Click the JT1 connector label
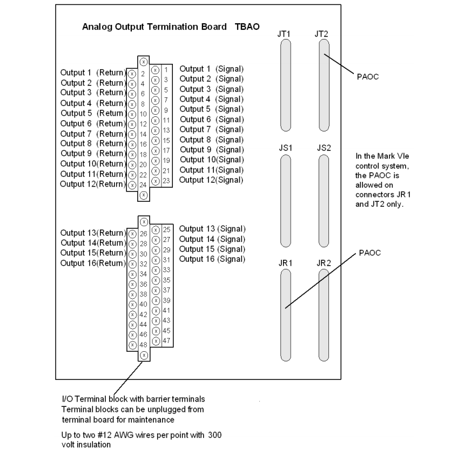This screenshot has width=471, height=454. click(x=284, y=34)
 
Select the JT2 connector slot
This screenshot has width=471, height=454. click(x=323, y=87)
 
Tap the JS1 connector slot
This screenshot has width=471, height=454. click(x=285, y=200)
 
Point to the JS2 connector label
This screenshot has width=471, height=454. click(x=324, y=147)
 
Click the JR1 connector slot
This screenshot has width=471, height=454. click(x=285, y=314)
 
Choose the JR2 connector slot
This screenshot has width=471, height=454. click(x=324, y=314)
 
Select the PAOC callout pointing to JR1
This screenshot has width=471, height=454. click(x=370, y=253)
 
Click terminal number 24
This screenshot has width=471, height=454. click(x=143, y=185)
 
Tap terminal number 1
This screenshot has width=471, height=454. click(x=166, y=70)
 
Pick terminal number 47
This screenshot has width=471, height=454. click(x=166, y=340)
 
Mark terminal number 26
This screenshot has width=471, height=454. click(x=143, y=234)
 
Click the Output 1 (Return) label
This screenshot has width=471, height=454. click(x=92, y=73)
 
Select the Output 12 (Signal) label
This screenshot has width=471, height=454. click(x=211, y=180)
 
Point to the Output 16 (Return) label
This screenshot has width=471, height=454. click(x=92, y=263)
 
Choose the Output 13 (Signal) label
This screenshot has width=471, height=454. click(x=212, y=228)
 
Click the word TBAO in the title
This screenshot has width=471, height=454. click(x=247, y=27)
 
